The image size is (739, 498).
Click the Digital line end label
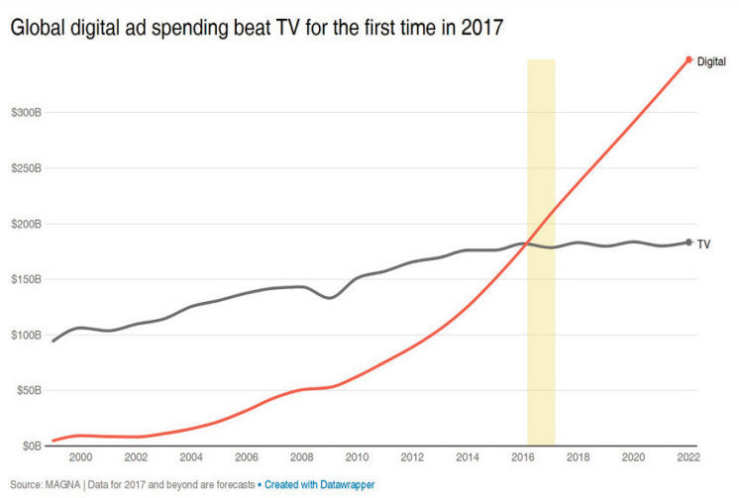pos(711,61)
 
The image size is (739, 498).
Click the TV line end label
pos(703,243)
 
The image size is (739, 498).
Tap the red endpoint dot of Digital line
pos(688,59)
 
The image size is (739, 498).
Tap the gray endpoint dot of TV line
pos(688,242)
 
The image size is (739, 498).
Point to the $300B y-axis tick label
pos(25,113)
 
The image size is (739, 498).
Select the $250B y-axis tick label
pos(25,168)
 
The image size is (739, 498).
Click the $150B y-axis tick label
pos(25,279)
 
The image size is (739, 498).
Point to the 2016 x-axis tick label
pos(522,457)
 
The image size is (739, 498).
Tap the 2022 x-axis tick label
pos(687,457)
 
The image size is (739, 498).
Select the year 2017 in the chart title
pos(481,29)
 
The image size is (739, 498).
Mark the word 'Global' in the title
pos(38,29)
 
